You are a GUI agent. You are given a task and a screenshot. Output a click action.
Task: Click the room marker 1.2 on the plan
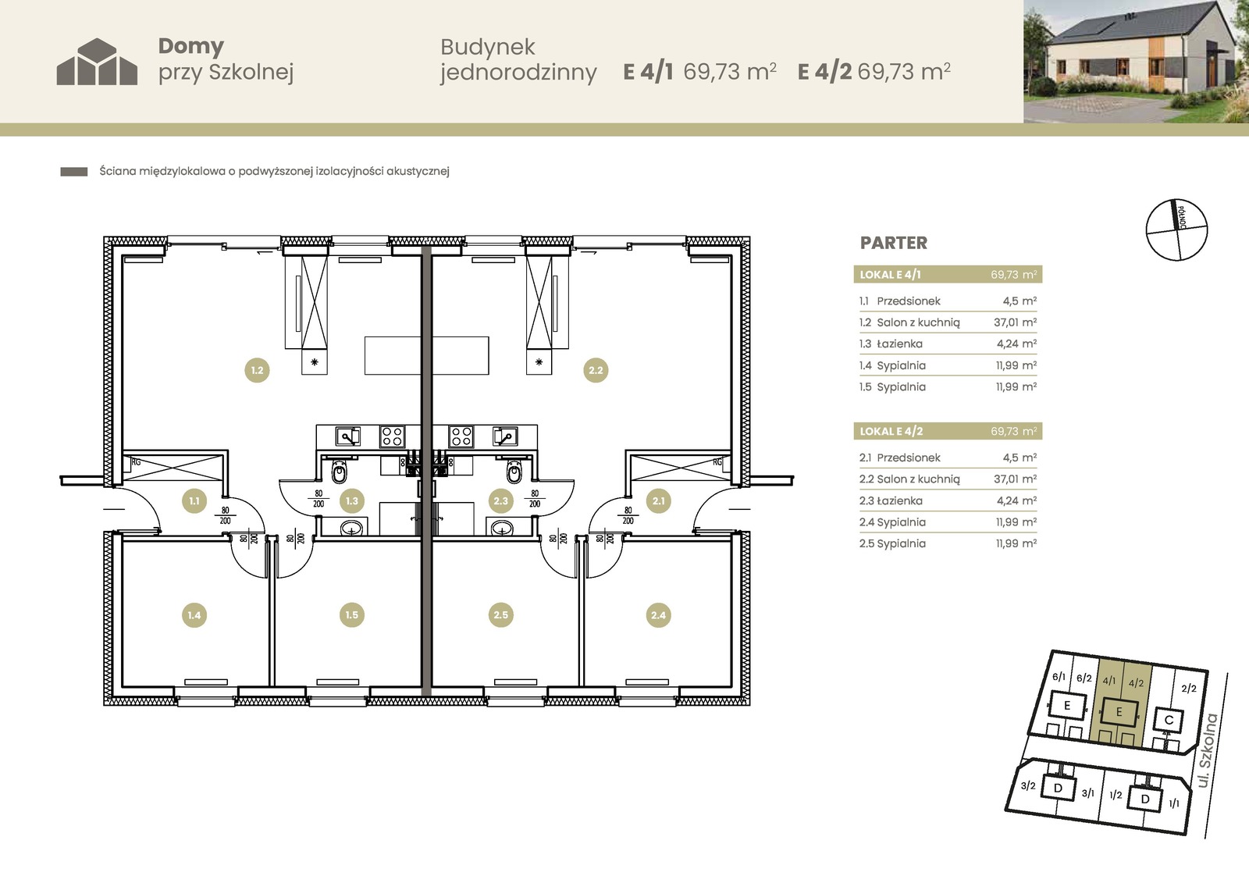pyautogui.click(x=257, y=370)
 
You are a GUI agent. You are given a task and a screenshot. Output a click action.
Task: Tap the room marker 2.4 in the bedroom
pyautogui.click(x=659, y=615)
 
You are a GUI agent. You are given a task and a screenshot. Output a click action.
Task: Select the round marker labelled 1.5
pyautogui.click(x=352, y=614)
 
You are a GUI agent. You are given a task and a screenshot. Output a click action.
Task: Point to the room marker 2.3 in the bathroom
pyautogui.click(x=500, y=501)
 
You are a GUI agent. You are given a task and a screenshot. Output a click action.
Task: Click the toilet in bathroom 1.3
pyautogui.click(x=339, y=472)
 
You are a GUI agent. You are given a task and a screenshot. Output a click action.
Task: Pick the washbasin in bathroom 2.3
pyautogui.click(x=502, y=527)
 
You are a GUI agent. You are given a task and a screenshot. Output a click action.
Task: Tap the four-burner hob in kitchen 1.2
pyautogui.click(x=392, y=436)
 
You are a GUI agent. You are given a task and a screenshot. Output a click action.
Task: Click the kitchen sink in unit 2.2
pyautogui.click(x=505, y=436)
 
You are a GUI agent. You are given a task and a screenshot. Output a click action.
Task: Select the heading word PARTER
pyautogui.click(x=894, y=243)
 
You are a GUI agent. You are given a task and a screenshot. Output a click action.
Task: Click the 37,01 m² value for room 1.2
pyautogui.click(x=1015, y=322)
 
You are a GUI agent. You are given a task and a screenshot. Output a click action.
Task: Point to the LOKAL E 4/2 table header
pyautogui.click(x=948, y=431)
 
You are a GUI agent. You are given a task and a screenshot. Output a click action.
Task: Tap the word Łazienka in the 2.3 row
pyautogui.click(x=899, y=500)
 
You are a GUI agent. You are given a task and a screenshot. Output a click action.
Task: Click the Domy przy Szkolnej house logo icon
pyautogui.click(x=97, y=62)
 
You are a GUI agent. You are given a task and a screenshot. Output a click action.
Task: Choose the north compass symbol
pyautogui.click(x=1176, y=230)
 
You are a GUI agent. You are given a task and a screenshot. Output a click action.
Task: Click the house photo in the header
pyautogui.click(x=1136, y=62)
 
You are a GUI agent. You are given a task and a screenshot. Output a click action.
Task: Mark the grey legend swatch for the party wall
pyautogui.click(x=73, y=172)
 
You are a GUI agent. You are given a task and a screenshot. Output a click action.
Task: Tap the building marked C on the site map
pyautogui.click(x=1169, y=720)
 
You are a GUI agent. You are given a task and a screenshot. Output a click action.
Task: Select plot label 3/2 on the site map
pyautogui.click(x=1027, y=786)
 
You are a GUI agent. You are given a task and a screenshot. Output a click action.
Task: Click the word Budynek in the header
pyautogui.click(x=488, y=47)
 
